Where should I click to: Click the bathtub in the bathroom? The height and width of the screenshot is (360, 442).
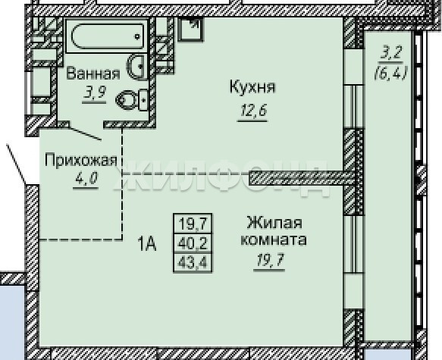point(107,36)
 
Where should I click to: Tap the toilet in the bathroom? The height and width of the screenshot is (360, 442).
point(132,100)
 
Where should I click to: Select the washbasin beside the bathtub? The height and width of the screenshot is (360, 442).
point(137,67)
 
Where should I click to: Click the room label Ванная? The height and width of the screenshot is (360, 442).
point(93,74)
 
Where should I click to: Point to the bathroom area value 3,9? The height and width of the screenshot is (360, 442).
point(94,93)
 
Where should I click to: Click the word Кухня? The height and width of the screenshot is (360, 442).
point(252,86)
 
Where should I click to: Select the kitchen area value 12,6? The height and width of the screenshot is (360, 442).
point(253,110)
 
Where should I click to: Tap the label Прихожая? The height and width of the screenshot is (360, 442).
point(81,160)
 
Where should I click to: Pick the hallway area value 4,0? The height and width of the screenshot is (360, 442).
point(86,178)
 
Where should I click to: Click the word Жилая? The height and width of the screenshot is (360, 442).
point(274,223)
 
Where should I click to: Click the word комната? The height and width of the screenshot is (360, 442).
point(274,240)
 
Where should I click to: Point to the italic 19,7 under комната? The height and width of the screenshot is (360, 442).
point(269,260)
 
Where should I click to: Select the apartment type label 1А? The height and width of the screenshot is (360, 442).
point(147,243)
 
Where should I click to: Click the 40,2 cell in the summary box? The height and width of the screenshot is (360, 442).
point(193,243)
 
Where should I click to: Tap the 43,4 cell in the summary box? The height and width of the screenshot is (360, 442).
point(193,263)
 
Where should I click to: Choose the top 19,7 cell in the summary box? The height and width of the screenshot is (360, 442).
point(193,224)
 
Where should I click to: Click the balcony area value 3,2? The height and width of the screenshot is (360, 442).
point(391,54)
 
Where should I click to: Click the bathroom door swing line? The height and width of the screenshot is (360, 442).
point(85,133)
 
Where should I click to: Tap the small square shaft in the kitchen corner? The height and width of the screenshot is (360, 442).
point(190,30)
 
